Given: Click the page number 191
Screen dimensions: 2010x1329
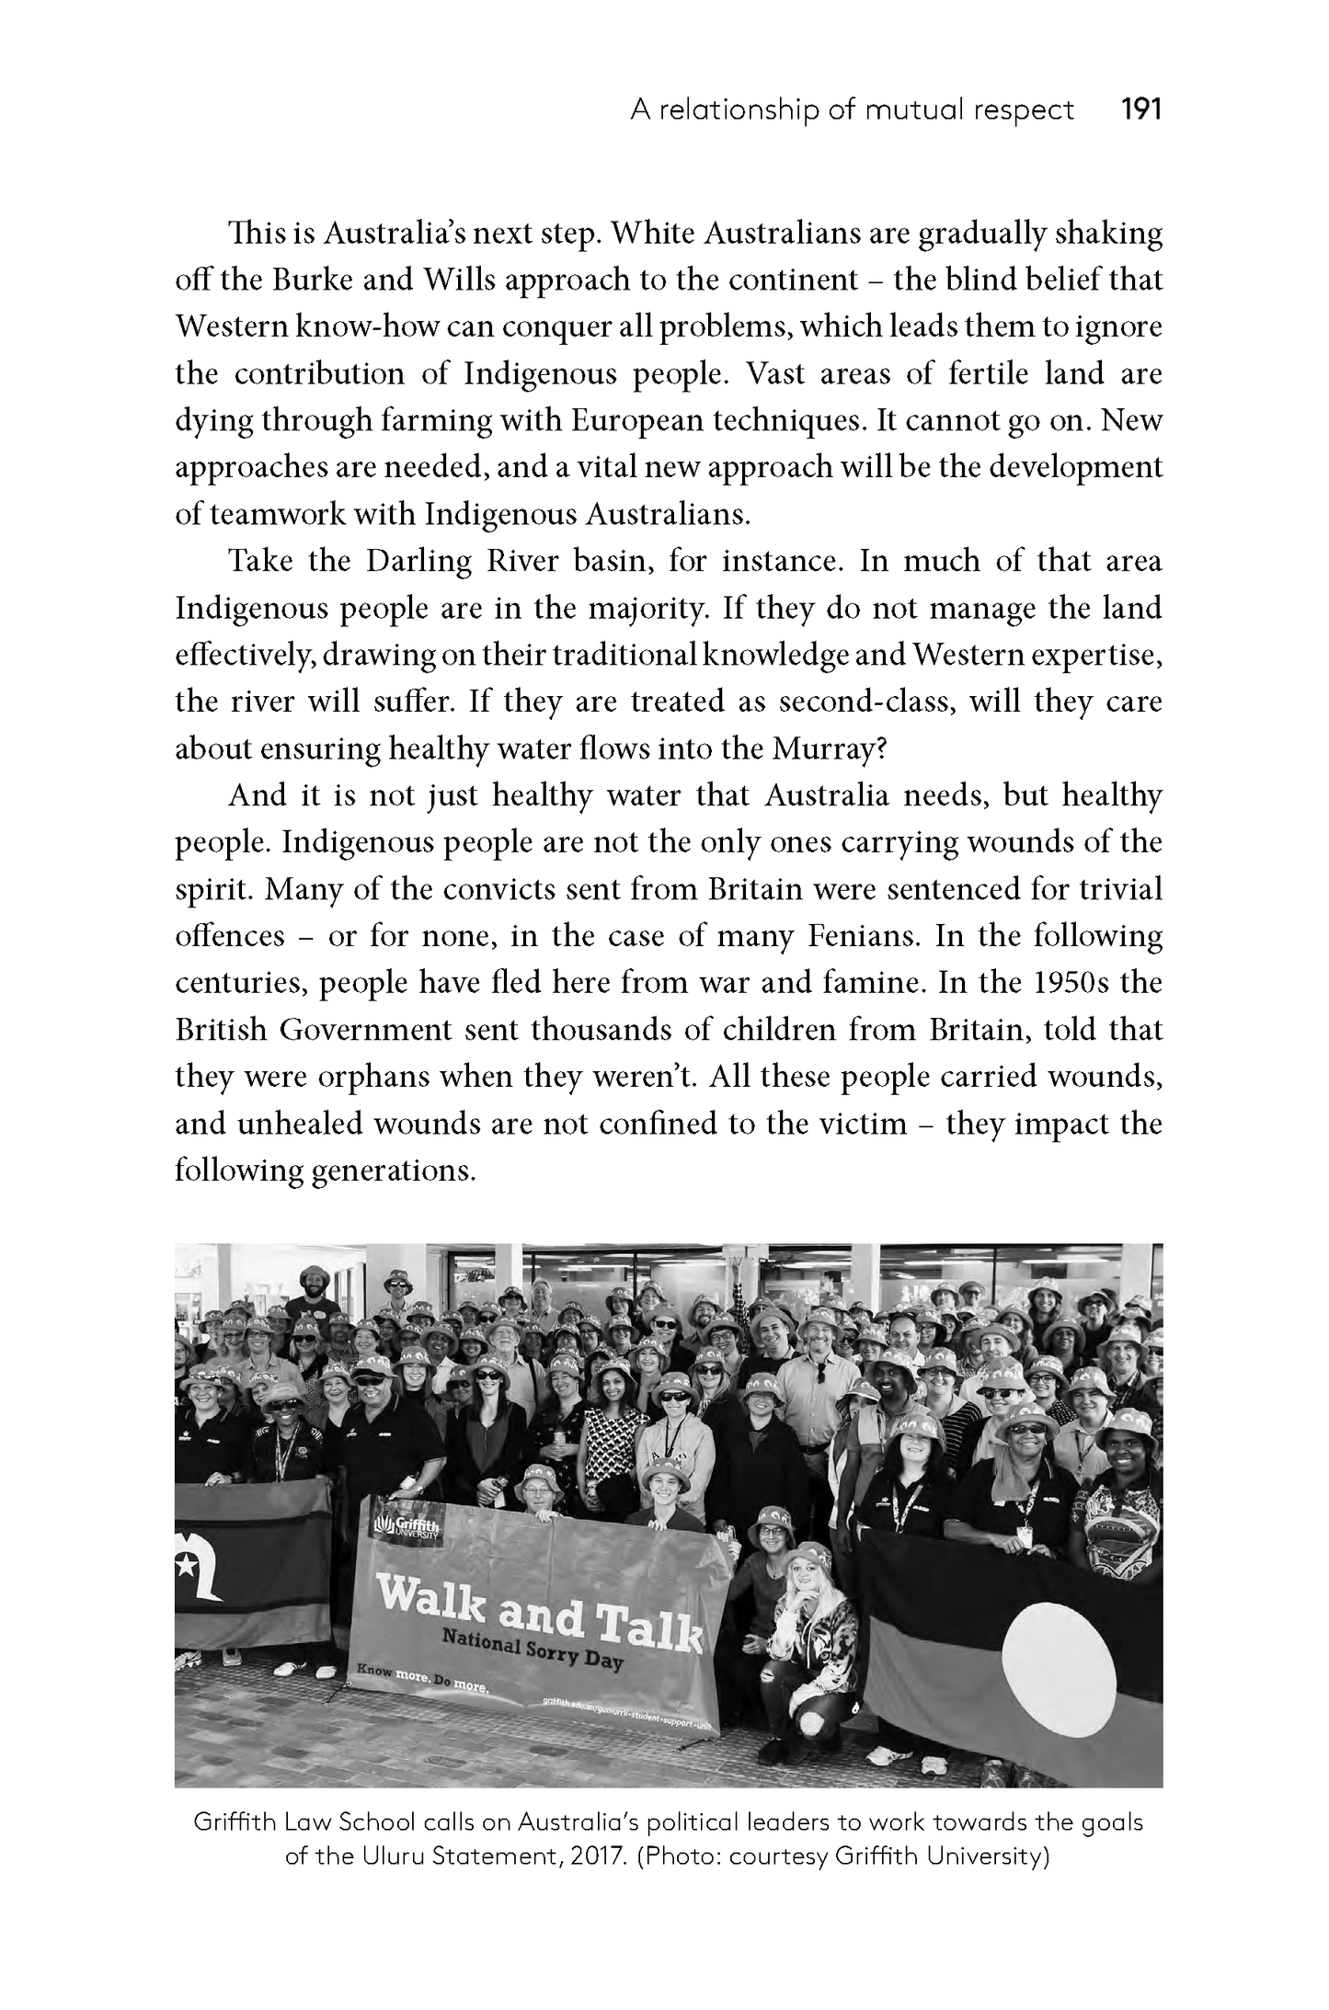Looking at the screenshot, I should coord(1141,111).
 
